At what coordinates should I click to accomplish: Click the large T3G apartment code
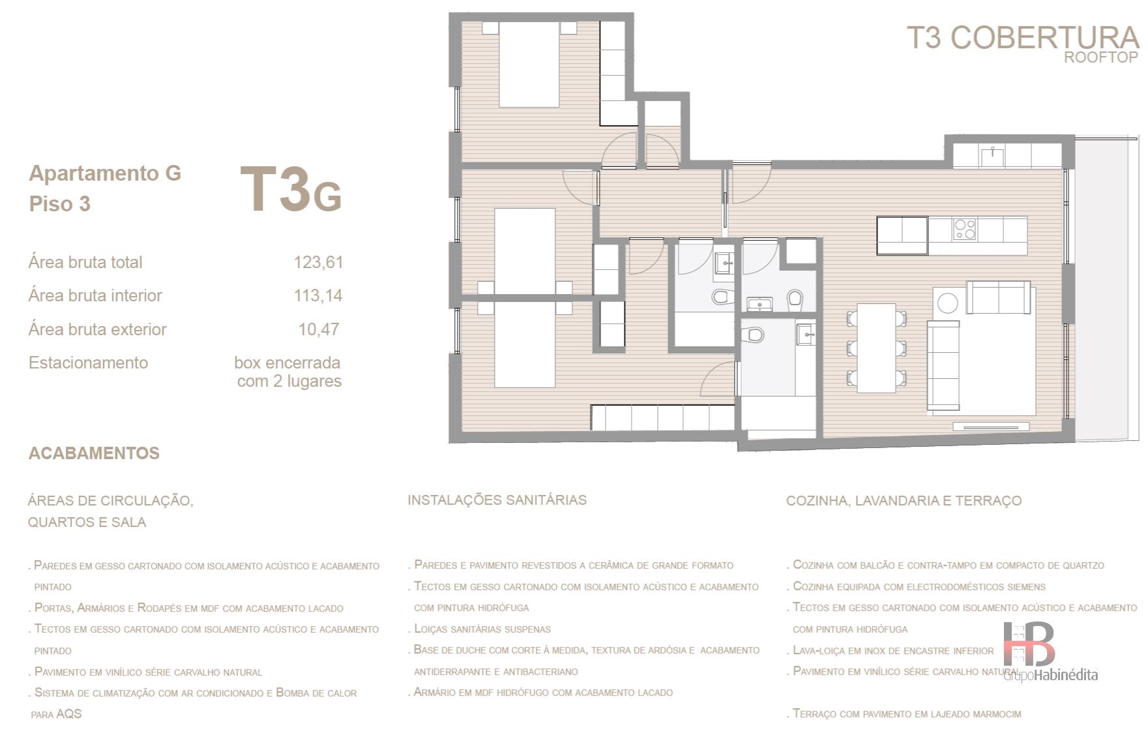291,190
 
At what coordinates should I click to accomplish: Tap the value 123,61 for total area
318,262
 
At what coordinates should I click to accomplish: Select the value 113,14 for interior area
318,295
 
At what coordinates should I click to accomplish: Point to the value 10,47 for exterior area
319,329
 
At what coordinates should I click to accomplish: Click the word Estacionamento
88,363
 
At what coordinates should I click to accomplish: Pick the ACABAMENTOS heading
94,453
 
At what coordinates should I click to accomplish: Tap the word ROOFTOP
1101,57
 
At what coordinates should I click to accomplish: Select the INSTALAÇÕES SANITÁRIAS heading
497,500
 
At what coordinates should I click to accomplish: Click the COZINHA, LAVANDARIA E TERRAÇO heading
904,501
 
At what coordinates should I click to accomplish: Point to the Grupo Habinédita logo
1050,651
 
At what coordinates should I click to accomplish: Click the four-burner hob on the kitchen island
965,229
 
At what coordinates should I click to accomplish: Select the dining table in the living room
876,348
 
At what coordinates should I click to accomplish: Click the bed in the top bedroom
529,64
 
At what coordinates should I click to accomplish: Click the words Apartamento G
105,173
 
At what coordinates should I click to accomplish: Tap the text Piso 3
59,204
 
